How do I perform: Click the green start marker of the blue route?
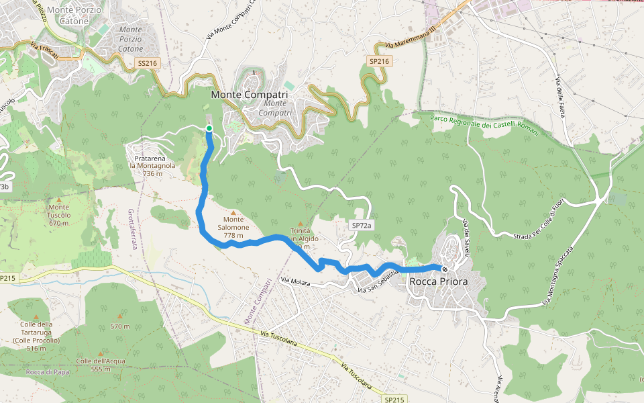click(x=209, y=128)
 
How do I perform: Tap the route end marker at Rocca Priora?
click(x=445, y=269)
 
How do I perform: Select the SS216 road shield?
click(x=146, y=63)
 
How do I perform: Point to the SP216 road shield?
click(x=378, y=61)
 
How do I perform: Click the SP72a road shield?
click(x=361, y=226)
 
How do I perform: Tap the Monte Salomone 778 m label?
click(x=233, y=228)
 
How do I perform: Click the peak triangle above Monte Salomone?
click(x=233, y=212)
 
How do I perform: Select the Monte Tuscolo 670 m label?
click(x=59, y=215)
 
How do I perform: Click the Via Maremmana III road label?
click(x=411, y=37)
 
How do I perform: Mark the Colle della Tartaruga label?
click(x=36, y=332)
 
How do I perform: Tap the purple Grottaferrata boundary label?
click(x=131, y=228)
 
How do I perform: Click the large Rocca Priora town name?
click(x=439, y=282)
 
